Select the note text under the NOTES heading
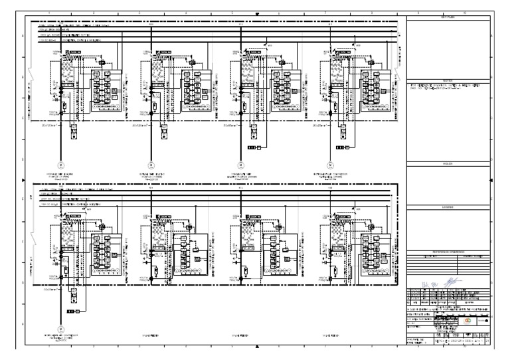point(442,88)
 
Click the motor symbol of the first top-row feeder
point(60,163)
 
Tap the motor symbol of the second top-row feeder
point(151,163)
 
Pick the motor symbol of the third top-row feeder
point(239,163)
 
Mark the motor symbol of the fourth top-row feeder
point(329,163)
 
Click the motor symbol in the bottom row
point(60,329)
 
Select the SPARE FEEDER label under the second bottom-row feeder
point(151,337)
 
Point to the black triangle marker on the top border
point(256,13)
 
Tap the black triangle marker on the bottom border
point(256,347)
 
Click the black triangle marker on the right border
point(491,180)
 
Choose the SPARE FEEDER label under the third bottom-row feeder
point(239,337)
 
